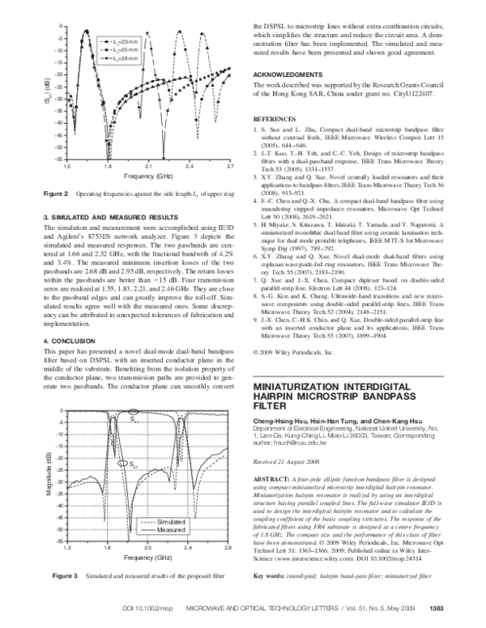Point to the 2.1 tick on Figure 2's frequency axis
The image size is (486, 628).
(149, 165)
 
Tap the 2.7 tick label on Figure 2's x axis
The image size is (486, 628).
(231, 165)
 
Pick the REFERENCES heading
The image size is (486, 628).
(275, 118)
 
